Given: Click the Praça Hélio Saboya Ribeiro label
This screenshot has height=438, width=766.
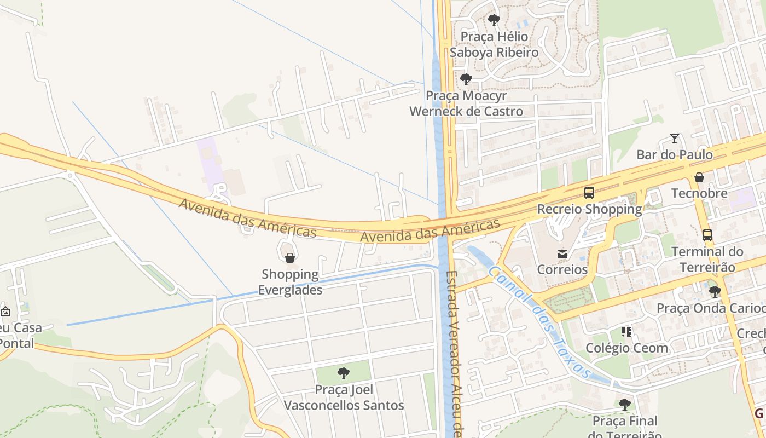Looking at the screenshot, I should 494,44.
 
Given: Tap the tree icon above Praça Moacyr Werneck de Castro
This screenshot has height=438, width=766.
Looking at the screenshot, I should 466,79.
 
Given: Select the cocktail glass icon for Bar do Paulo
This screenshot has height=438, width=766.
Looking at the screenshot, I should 675,139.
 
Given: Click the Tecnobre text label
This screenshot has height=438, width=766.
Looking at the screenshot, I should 699,193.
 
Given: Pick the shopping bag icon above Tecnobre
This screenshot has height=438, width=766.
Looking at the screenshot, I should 699,177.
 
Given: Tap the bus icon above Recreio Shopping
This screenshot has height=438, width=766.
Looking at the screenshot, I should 589,193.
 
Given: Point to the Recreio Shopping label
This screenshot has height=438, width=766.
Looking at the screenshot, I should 589,209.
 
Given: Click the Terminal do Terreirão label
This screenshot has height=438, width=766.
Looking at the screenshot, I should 707,260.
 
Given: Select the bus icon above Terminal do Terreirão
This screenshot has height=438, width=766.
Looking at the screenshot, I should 707,235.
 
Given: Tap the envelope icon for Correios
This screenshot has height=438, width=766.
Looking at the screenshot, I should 562,253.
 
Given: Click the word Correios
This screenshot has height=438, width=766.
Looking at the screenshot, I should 562,269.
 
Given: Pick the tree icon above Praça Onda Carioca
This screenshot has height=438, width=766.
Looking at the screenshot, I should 715,292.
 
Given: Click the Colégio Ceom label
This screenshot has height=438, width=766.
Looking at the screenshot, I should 626,348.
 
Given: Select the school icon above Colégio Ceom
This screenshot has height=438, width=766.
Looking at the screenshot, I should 626,332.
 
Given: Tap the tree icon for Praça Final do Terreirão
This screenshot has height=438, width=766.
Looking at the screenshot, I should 624,405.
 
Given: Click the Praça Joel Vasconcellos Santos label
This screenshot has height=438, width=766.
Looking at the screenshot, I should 344,397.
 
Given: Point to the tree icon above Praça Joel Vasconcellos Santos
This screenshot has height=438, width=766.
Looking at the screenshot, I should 344,373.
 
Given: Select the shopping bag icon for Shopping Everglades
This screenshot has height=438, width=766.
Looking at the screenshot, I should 290,258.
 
